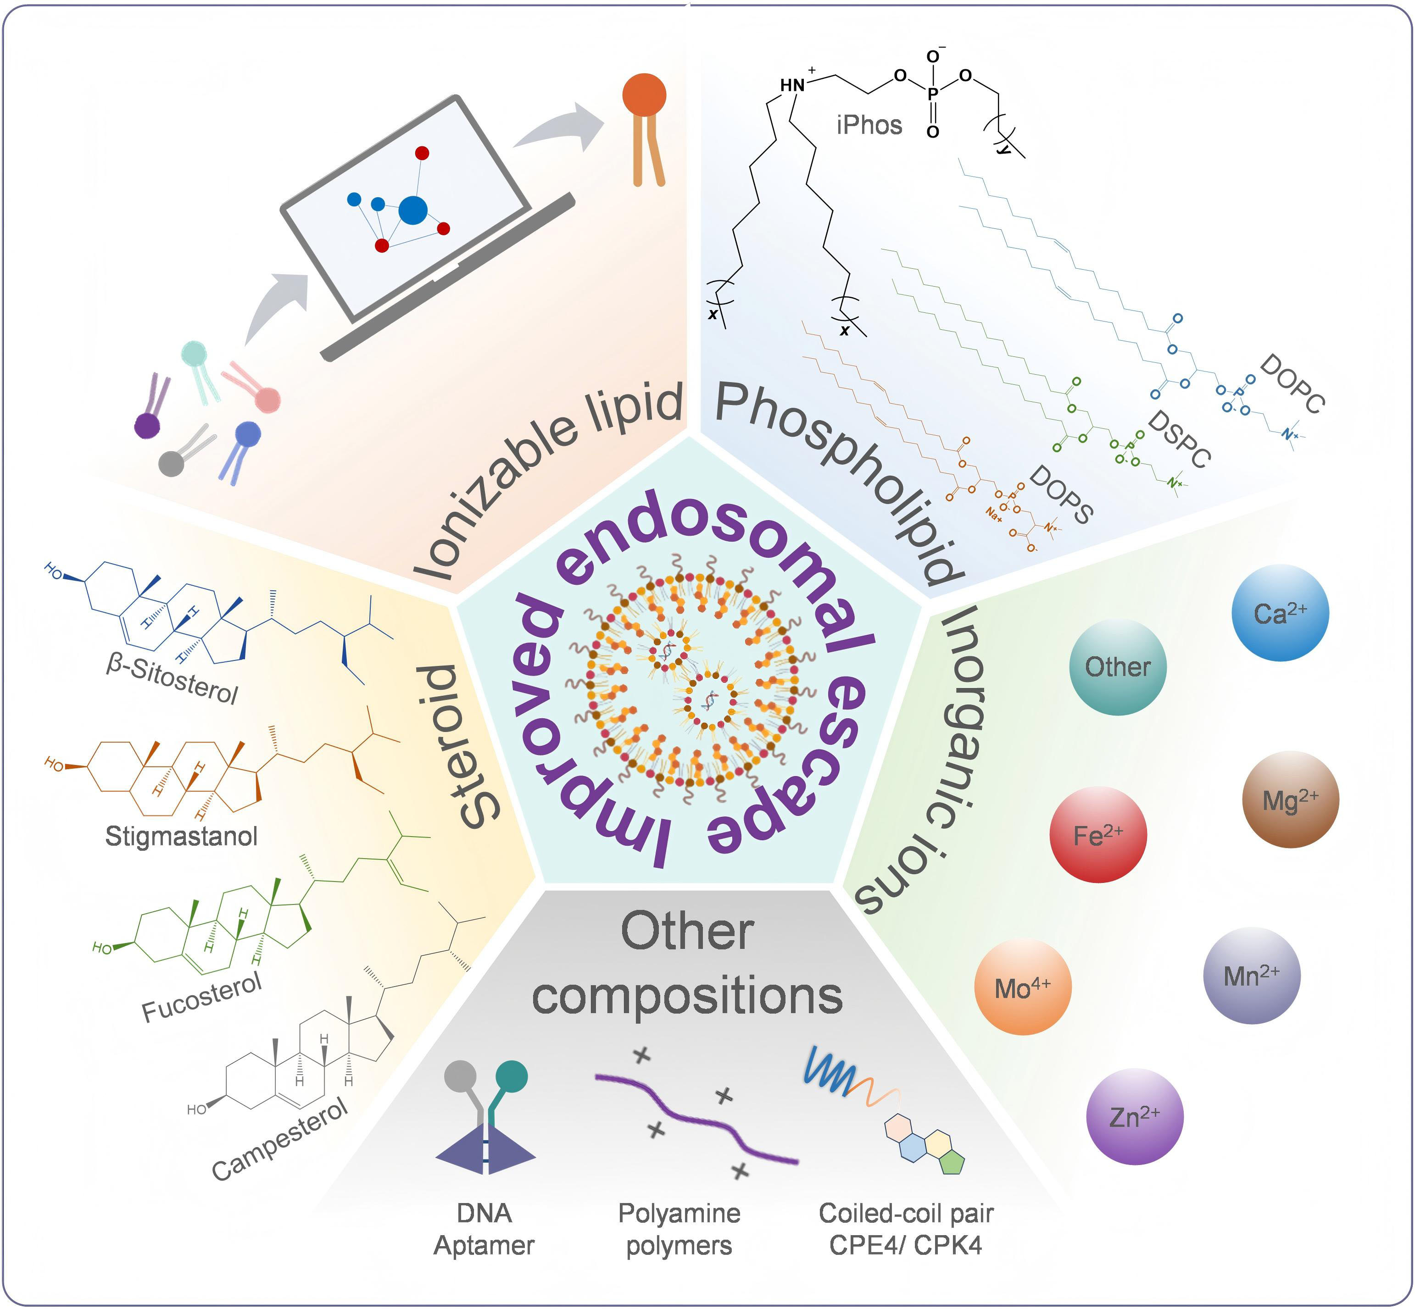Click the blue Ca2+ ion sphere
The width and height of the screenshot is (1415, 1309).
1280,613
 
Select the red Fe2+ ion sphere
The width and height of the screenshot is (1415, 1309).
1097,834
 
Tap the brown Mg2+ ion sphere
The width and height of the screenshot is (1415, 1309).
1290,800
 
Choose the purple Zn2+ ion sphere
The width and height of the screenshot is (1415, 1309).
1134,1117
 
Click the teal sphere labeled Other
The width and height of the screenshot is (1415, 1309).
1117,666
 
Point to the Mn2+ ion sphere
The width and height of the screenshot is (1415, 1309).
1251,976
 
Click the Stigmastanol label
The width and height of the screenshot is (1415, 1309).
181,837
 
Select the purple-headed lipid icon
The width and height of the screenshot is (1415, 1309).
147,426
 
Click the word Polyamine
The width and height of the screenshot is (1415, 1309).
679,1214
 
